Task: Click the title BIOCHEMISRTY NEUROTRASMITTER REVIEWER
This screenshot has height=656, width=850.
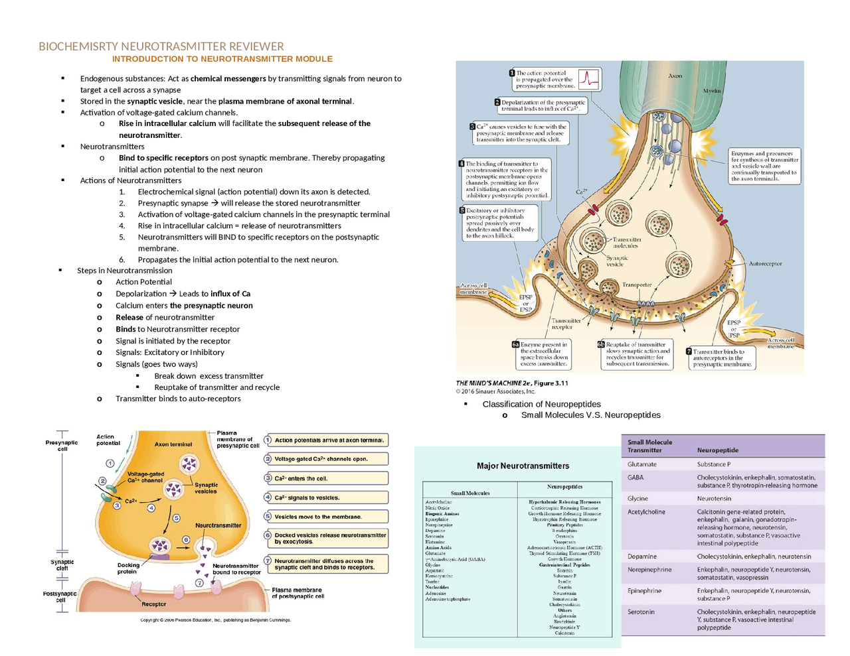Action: (161, 46)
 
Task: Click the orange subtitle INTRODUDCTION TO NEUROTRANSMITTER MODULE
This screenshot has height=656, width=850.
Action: (222, 59)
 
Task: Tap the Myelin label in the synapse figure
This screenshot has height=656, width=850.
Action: (711, 91)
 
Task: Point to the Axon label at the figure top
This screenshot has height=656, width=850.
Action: (675, 76)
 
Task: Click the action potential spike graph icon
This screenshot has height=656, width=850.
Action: (588, 79)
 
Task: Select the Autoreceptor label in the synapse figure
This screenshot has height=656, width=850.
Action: (765, 264)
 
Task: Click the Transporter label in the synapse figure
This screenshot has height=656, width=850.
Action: (636, 285)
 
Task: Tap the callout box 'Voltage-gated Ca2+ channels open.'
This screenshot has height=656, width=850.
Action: (326, 459)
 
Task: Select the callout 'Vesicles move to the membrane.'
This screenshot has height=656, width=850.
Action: (326, 517)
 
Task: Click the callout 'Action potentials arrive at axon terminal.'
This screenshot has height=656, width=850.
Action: (326, 440)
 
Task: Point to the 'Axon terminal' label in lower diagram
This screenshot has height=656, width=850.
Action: (173, 444)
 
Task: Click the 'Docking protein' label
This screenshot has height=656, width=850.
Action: (128, 568)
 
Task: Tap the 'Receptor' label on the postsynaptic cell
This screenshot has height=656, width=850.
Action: (153, 604)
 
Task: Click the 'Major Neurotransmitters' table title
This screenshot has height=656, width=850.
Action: (523, 466)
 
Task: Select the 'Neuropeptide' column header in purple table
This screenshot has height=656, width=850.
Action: (717, 450)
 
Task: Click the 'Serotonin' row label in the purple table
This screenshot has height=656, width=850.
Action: (641, 612)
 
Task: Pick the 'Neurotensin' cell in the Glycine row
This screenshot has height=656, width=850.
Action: (715, 499)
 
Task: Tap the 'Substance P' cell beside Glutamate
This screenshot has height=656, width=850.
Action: (713, 464)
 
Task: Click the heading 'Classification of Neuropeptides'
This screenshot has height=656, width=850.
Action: (541, 404)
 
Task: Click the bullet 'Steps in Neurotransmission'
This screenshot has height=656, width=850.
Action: (124, 271)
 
